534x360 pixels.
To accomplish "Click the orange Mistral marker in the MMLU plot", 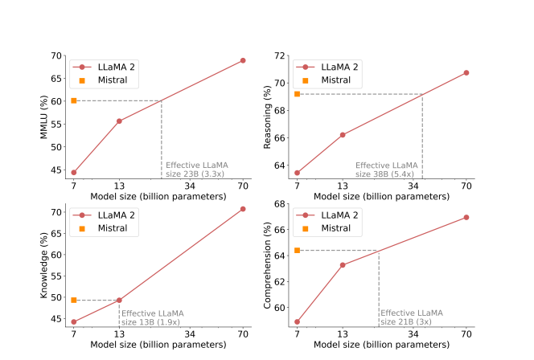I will click(x=74, y=100).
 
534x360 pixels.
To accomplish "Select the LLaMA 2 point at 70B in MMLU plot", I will click(x=243, y=60).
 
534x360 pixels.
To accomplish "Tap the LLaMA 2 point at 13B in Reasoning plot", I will click(x=343, y=135).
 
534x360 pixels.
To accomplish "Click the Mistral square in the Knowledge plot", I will click(x=74, y=300).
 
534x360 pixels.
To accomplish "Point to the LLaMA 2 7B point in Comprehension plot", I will click(x=298, y=321).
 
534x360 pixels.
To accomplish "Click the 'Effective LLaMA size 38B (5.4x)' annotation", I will click(x=388, y=169).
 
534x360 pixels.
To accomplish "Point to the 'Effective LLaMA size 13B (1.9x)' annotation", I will click(x=153, y=317).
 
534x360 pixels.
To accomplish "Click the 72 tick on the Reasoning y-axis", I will click(x=281, y=55).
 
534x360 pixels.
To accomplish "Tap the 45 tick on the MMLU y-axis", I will click(x=58, y=170).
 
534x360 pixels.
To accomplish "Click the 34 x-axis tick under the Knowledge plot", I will click(x=191, y=333).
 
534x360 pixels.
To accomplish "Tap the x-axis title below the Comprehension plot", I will click(x=382, y=344).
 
